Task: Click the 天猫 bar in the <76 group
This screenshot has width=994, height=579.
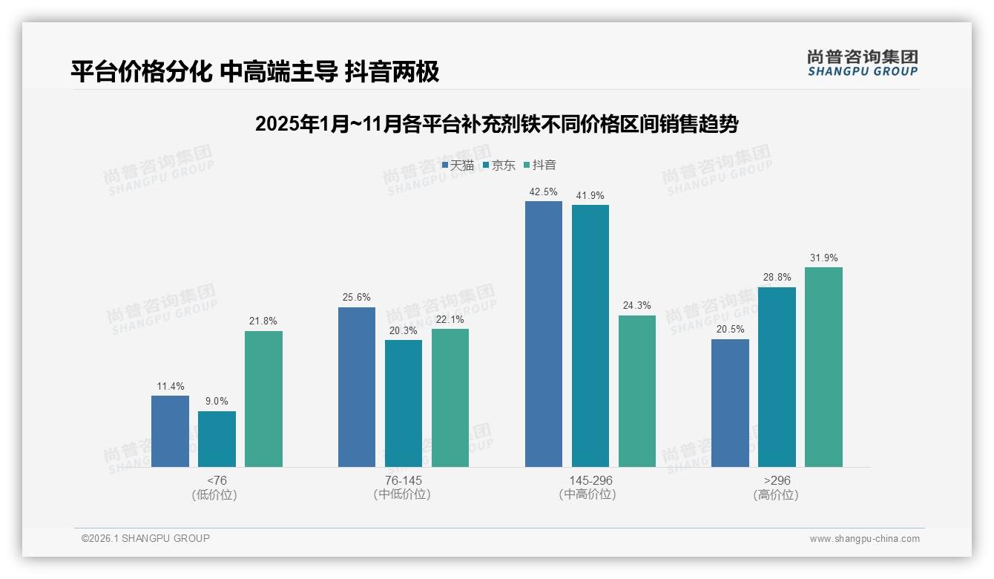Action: [170, 431]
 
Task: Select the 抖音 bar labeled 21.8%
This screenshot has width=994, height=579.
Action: [263, 399]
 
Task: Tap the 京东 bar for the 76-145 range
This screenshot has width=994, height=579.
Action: [403, 403]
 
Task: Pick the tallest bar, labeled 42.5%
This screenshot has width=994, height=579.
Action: [543, 334]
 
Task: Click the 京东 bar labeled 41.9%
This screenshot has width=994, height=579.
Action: [590, 336]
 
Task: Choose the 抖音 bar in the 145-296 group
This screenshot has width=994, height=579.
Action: [636, 391]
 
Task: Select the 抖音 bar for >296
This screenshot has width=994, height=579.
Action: [823, 367]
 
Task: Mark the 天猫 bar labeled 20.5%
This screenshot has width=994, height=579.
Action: [730, 403]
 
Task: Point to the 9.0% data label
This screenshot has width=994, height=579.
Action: [217, 401]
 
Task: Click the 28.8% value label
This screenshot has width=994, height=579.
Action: [777, 277]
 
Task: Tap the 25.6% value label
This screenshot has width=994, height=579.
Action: [356, 297]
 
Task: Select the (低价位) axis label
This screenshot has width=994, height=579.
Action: [214, 494]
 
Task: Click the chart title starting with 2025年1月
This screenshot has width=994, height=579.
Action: [496, 123]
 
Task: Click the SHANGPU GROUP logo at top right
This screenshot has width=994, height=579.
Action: [862, 63]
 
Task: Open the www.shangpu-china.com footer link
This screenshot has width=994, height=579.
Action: [864, 538]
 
